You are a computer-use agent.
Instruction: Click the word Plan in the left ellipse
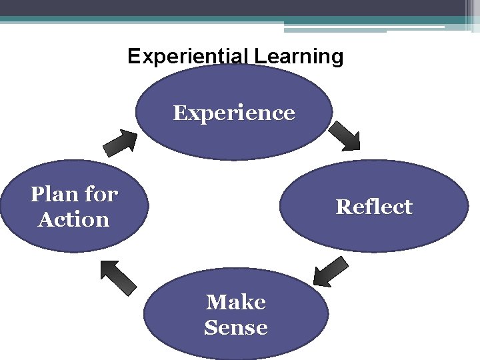click(54, 195)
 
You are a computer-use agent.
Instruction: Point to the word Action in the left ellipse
click(73, 219)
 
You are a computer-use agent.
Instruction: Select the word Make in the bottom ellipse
click(236, 302)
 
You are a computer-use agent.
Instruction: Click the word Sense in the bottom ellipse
click(236, 327)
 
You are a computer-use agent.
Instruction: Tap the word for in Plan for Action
click(101, 195)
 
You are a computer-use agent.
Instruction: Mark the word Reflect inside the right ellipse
click(374, 207)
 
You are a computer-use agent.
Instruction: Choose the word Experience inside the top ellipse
click(234, 113)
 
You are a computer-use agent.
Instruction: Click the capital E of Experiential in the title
click(133, 56)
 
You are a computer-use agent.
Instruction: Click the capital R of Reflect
click(342, 207)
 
